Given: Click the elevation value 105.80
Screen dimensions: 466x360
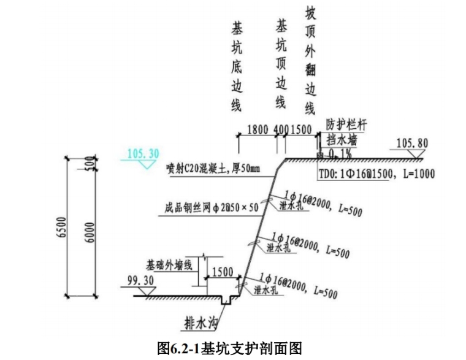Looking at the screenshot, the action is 412,144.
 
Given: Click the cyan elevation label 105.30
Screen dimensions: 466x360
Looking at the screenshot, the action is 142,153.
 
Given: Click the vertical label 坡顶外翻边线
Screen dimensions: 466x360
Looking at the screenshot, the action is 310,61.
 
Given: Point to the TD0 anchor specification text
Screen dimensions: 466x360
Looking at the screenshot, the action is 376,174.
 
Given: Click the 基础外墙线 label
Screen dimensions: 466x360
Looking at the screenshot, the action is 169,266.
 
